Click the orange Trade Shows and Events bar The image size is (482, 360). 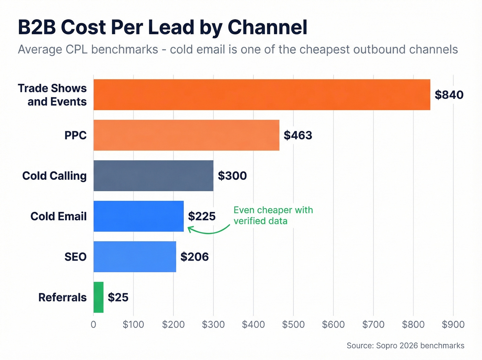(262, 95)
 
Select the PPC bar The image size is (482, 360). (186, 135)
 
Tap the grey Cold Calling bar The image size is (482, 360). (153, 176)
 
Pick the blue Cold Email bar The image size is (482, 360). (138, 216)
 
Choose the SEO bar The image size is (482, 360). (135, 257)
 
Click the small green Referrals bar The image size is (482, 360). (98, 297)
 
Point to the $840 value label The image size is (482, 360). (449, 95)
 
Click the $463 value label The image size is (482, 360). (298, 135)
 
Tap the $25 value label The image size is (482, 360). (118, 297)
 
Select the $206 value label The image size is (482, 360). (195, 257)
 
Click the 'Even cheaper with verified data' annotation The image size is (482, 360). (273, 215)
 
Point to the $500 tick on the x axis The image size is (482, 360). (293, 325)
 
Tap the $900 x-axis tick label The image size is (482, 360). (453, 325)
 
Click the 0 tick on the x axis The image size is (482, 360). (93, 325)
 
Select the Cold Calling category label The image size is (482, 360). (54, 176)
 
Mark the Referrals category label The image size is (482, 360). (62, 297)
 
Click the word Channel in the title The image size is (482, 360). (267, 27)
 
